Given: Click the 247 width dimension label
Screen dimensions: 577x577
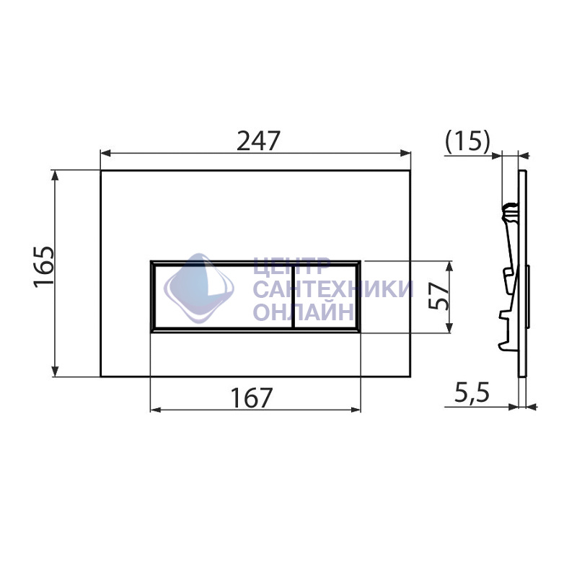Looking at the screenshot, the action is (x=258, y=141).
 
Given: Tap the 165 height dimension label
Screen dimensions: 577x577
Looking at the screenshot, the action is (x=44, y=266).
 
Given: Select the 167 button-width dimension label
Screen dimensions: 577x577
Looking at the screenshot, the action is (x=252, y=398).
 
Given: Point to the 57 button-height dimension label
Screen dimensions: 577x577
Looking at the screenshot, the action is (x=440, y=296).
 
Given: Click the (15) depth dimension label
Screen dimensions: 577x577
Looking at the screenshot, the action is (x=467, y=141).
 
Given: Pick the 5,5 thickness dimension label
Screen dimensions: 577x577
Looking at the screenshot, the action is (x=472, y=393).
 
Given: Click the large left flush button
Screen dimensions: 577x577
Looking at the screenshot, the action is (x=223, y=296).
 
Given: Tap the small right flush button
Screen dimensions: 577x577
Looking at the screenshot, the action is (x=325, y=296).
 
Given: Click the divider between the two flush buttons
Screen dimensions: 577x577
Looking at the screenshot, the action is (x=293, y=296).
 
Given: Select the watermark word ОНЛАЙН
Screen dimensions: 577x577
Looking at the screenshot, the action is (x=304, y=312).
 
